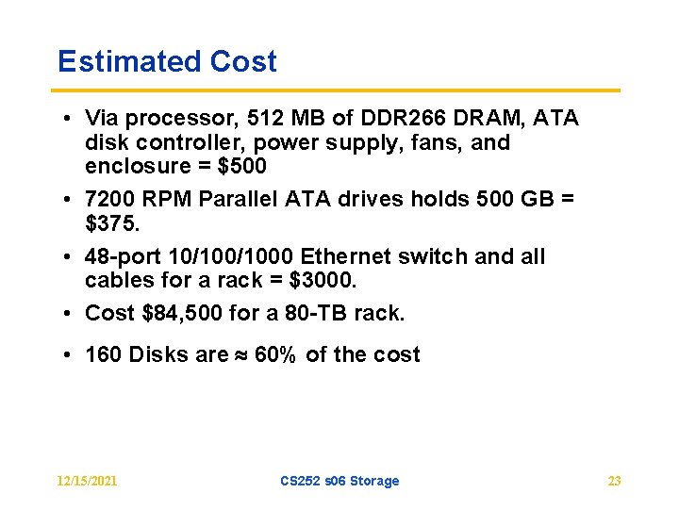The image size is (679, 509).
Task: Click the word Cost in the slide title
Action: click(243, 62)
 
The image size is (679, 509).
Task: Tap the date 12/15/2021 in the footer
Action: click(87, 481)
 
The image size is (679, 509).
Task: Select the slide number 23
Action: click(614, 481)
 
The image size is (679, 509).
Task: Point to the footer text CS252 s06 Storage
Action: click(339, 481)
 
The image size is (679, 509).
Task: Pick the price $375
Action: click(110, 223)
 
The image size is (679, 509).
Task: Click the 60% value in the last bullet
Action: click(275, 355)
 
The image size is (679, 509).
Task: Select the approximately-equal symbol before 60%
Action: click(241, 355)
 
